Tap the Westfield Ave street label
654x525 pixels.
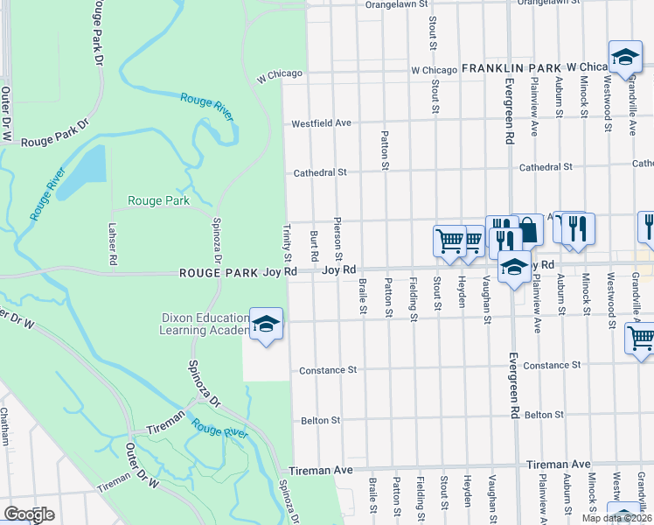[x=321, y=123]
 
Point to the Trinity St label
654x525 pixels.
[x=287, y=241]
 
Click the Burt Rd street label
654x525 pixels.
[x=313, y=246]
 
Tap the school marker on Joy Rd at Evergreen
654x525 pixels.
[x=514, y=266]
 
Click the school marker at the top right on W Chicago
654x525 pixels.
[x=624, y=58]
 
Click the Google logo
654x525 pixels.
[x=29, y=514]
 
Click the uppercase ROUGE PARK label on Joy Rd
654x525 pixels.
[x=219, y=273]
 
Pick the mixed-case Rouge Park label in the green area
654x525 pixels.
[x=158, y=200]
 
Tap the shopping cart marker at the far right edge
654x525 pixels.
[x=641, y=338]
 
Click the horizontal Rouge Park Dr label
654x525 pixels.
[x=55, y=141]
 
